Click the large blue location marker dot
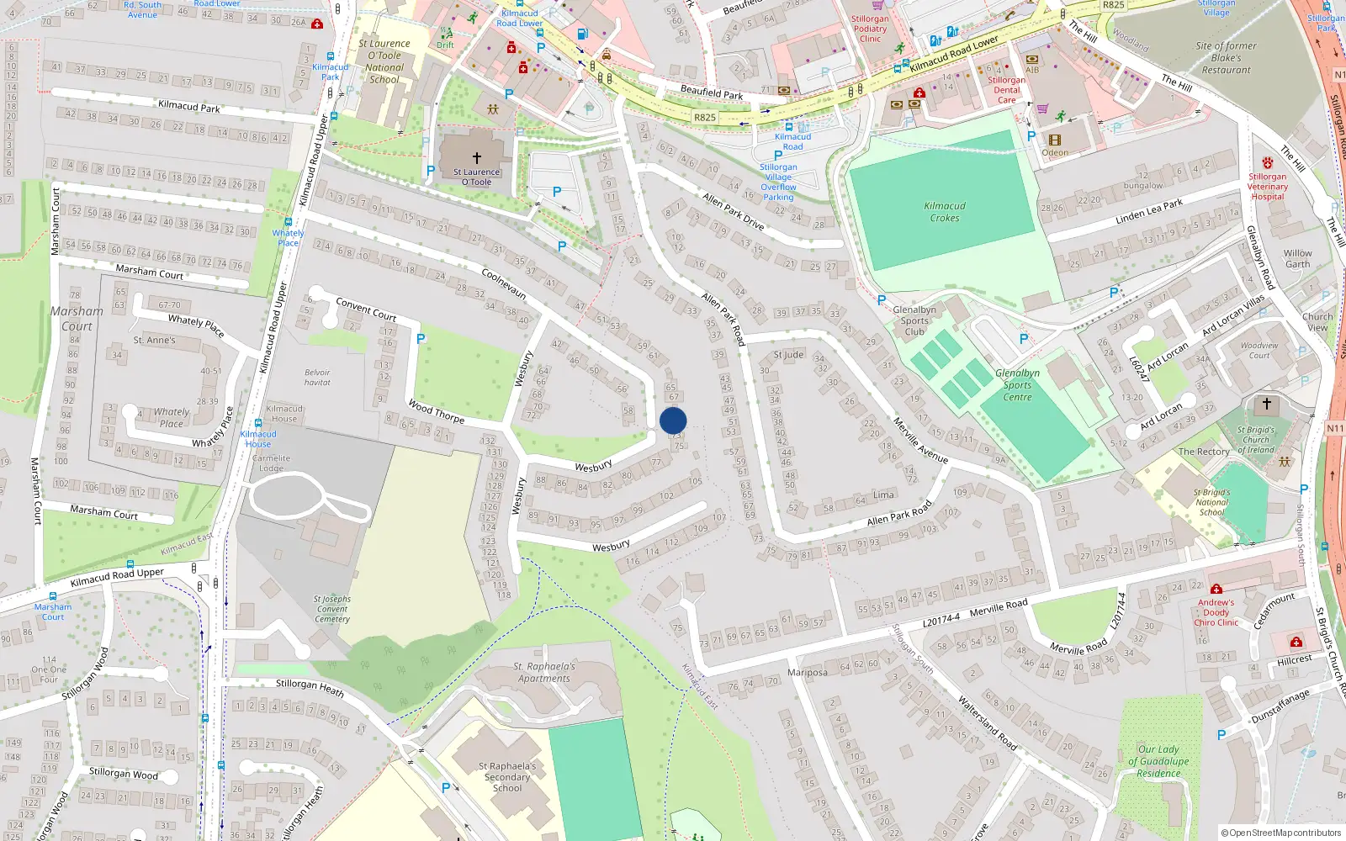[673, 420]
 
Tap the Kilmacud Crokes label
[945, 212]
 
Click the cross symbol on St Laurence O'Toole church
[477, 157]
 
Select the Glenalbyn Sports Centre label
[1017, 385]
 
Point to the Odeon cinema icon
[1054, 140]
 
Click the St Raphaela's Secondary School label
[507, 777]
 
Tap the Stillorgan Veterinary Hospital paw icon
[1268, 162]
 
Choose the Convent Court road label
[366, 309]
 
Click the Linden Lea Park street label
[1148, 211]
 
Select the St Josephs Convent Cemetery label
[332, 609]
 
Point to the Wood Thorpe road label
[436, 411]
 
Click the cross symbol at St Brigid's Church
[1266, 404]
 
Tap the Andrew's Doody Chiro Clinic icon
[1216, 589]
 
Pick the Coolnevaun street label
[504, 283]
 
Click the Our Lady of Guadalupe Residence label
[1158, 761]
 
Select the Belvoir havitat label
[317, 378]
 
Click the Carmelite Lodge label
[271, 463]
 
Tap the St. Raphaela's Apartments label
[544, 672]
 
